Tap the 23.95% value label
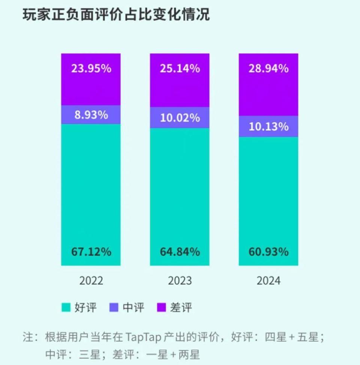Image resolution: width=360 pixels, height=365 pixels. point(91,69)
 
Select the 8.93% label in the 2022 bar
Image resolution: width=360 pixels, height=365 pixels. point(91,115)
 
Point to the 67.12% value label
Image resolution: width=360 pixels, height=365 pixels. point(91,252)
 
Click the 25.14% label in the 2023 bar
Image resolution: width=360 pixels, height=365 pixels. point(180,69)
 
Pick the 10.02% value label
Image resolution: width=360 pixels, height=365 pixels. point(180,118)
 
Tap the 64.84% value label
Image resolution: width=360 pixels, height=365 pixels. point(180,252)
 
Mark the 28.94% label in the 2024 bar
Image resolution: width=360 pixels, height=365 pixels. point(268,69)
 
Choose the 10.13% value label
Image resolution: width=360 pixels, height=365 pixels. point(268,127)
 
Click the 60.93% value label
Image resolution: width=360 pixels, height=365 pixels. point(268,252)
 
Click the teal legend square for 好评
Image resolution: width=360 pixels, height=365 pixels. point(66,308)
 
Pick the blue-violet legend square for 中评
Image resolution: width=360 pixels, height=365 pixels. point(114,308)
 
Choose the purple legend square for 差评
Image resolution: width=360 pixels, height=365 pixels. point(162,308)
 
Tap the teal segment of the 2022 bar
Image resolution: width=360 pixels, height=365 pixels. point(91,187)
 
